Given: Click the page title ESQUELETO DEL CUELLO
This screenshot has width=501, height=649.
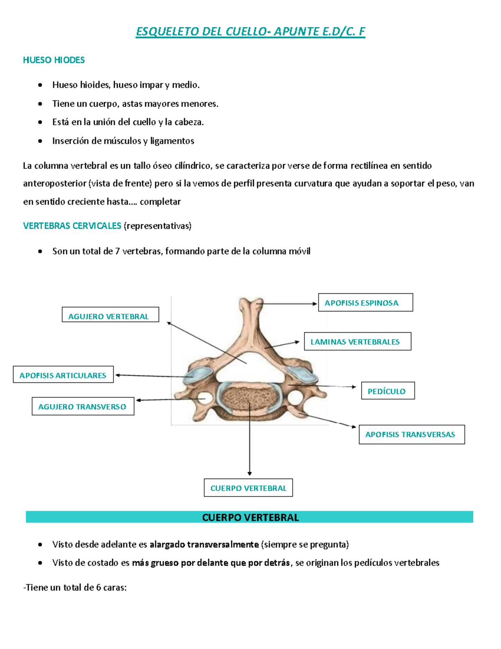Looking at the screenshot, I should pos(250,32).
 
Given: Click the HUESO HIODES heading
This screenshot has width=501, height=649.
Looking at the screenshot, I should pos(54,60).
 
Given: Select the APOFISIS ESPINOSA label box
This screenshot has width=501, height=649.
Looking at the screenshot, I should pos(365,303).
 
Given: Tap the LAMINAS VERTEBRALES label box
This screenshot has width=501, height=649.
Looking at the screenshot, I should pos(357,341).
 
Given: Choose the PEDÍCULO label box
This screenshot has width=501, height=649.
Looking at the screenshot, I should pos(388,391).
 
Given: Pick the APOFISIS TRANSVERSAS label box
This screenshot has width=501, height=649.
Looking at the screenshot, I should pos(411,435).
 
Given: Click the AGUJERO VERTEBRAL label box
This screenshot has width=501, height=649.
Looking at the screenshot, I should pos(110,315).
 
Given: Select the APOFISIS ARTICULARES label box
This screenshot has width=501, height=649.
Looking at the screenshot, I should pos(63,374).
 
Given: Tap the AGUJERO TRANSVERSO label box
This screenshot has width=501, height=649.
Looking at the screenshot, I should pos(83,406).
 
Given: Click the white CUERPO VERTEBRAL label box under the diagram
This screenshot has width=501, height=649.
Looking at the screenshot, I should pos(248,488).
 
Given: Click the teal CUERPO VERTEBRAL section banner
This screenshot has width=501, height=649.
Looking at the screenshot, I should pos(250,517).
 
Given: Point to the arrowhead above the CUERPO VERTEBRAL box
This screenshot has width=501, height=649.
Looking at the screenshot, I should pos(250,473).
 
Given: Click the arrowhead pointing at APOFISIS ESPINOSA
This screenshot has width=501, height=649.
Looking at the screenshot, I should pos(315,304).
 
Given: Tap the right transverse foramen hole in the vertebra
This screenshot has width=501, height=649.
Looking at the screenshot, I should pos(295,396).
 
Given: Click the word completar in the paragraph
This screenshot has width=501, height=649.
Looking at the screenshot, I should pos(160,202).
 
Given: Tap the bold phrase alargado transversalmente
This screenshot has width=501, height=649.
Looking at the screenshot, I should pos(204,545).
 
